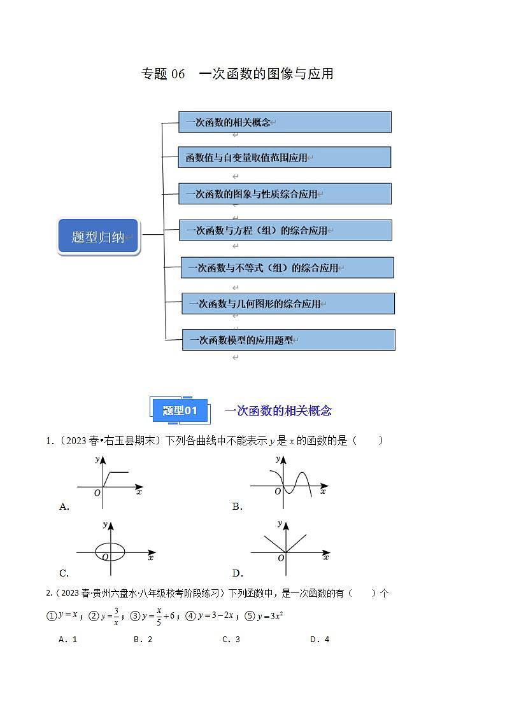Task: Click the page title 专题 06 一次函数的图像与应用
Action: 237,74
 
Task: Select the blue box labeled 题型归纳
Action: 98,237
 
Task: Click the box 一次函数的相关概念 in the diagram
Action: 285,122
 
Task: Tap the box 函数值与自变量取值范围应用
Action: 285,157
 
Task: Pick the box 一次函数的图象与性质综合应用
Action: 285,193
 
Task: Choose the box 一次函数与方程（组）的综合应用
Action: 285,230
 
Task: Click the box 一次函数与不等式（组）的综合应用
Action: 287,268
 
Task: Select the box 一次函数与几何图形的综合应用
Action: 288,304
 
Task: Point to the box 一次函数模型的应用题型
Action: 288,340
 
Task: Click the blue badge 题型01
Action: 180,410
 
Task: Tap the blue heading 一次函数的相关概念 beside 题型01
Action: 278,411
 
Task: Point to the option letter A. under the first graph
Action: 64,507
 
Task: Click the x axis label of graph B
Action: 323,491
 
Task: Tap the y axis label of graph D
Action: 280,523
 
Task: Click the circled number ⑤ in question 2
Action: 250,615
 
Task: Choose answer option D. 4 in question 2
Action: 319,640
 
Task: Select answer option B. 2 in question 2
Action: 143,640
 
